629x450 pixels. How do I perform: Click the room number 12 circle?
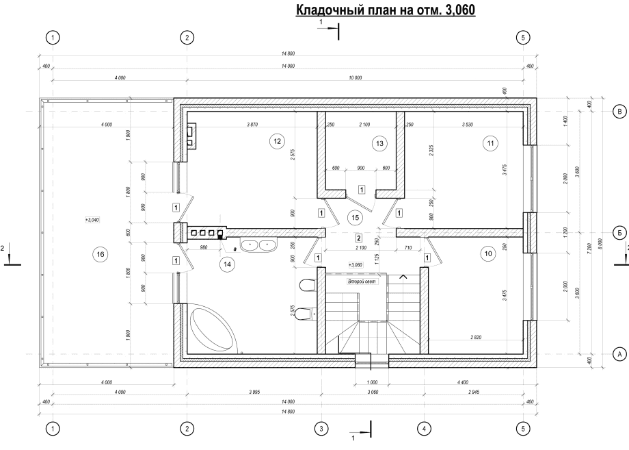pos(277,141)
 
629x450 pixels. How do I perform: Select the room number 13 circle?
pos(380,143)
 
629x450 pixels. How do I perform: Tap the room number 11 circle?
pos(490,143)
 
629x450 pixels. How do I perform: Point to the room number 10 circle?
pos(488,253)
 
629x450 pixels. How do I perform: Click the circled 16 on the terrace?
pos(101,254)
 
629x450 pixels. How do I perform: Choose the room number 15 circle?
pos(355,218)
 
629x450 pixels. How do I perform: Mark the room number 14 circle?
pos(228,264)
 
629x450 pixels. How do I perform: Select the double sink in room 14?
pos(258,245)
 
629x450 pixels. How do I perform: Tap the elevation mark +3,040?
pos(92,220)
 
